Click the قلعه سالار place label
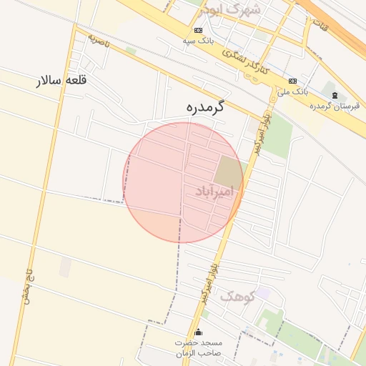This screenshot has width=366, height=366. (61, 80)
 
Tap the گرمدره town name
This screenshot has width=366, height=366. (199, 107)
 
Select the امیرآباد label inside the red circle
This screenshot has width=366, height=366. (214, 192)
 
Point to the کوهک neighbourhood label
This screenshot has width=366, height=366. (237, 295)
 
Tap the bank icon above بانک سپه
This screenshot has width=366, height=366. (198, 30)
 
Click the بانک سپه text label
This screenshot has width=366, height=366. (198, 41)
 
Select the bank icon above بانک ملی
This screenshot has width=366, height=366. (293, 81)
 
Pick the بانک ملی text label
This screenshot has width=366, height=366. (292, 91)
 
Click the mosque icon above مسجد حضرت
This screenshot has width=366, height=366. (199, 332)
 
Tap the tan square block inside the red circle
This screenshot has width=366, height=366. (228, 172)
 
